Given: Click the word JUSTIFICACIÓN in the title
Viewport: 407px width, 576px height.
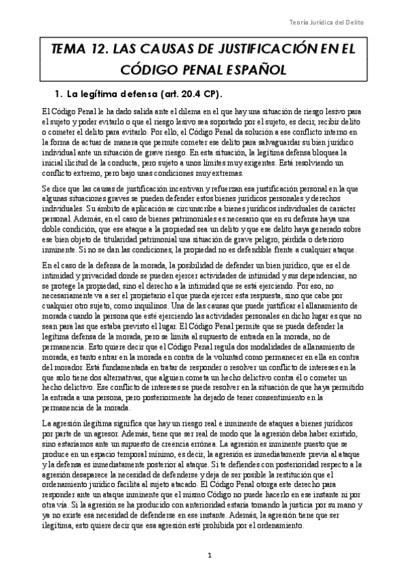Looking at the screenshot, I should [252, 48].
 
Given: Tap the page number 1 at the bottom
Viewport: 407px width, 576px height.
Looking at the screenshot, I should [210, 556].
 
